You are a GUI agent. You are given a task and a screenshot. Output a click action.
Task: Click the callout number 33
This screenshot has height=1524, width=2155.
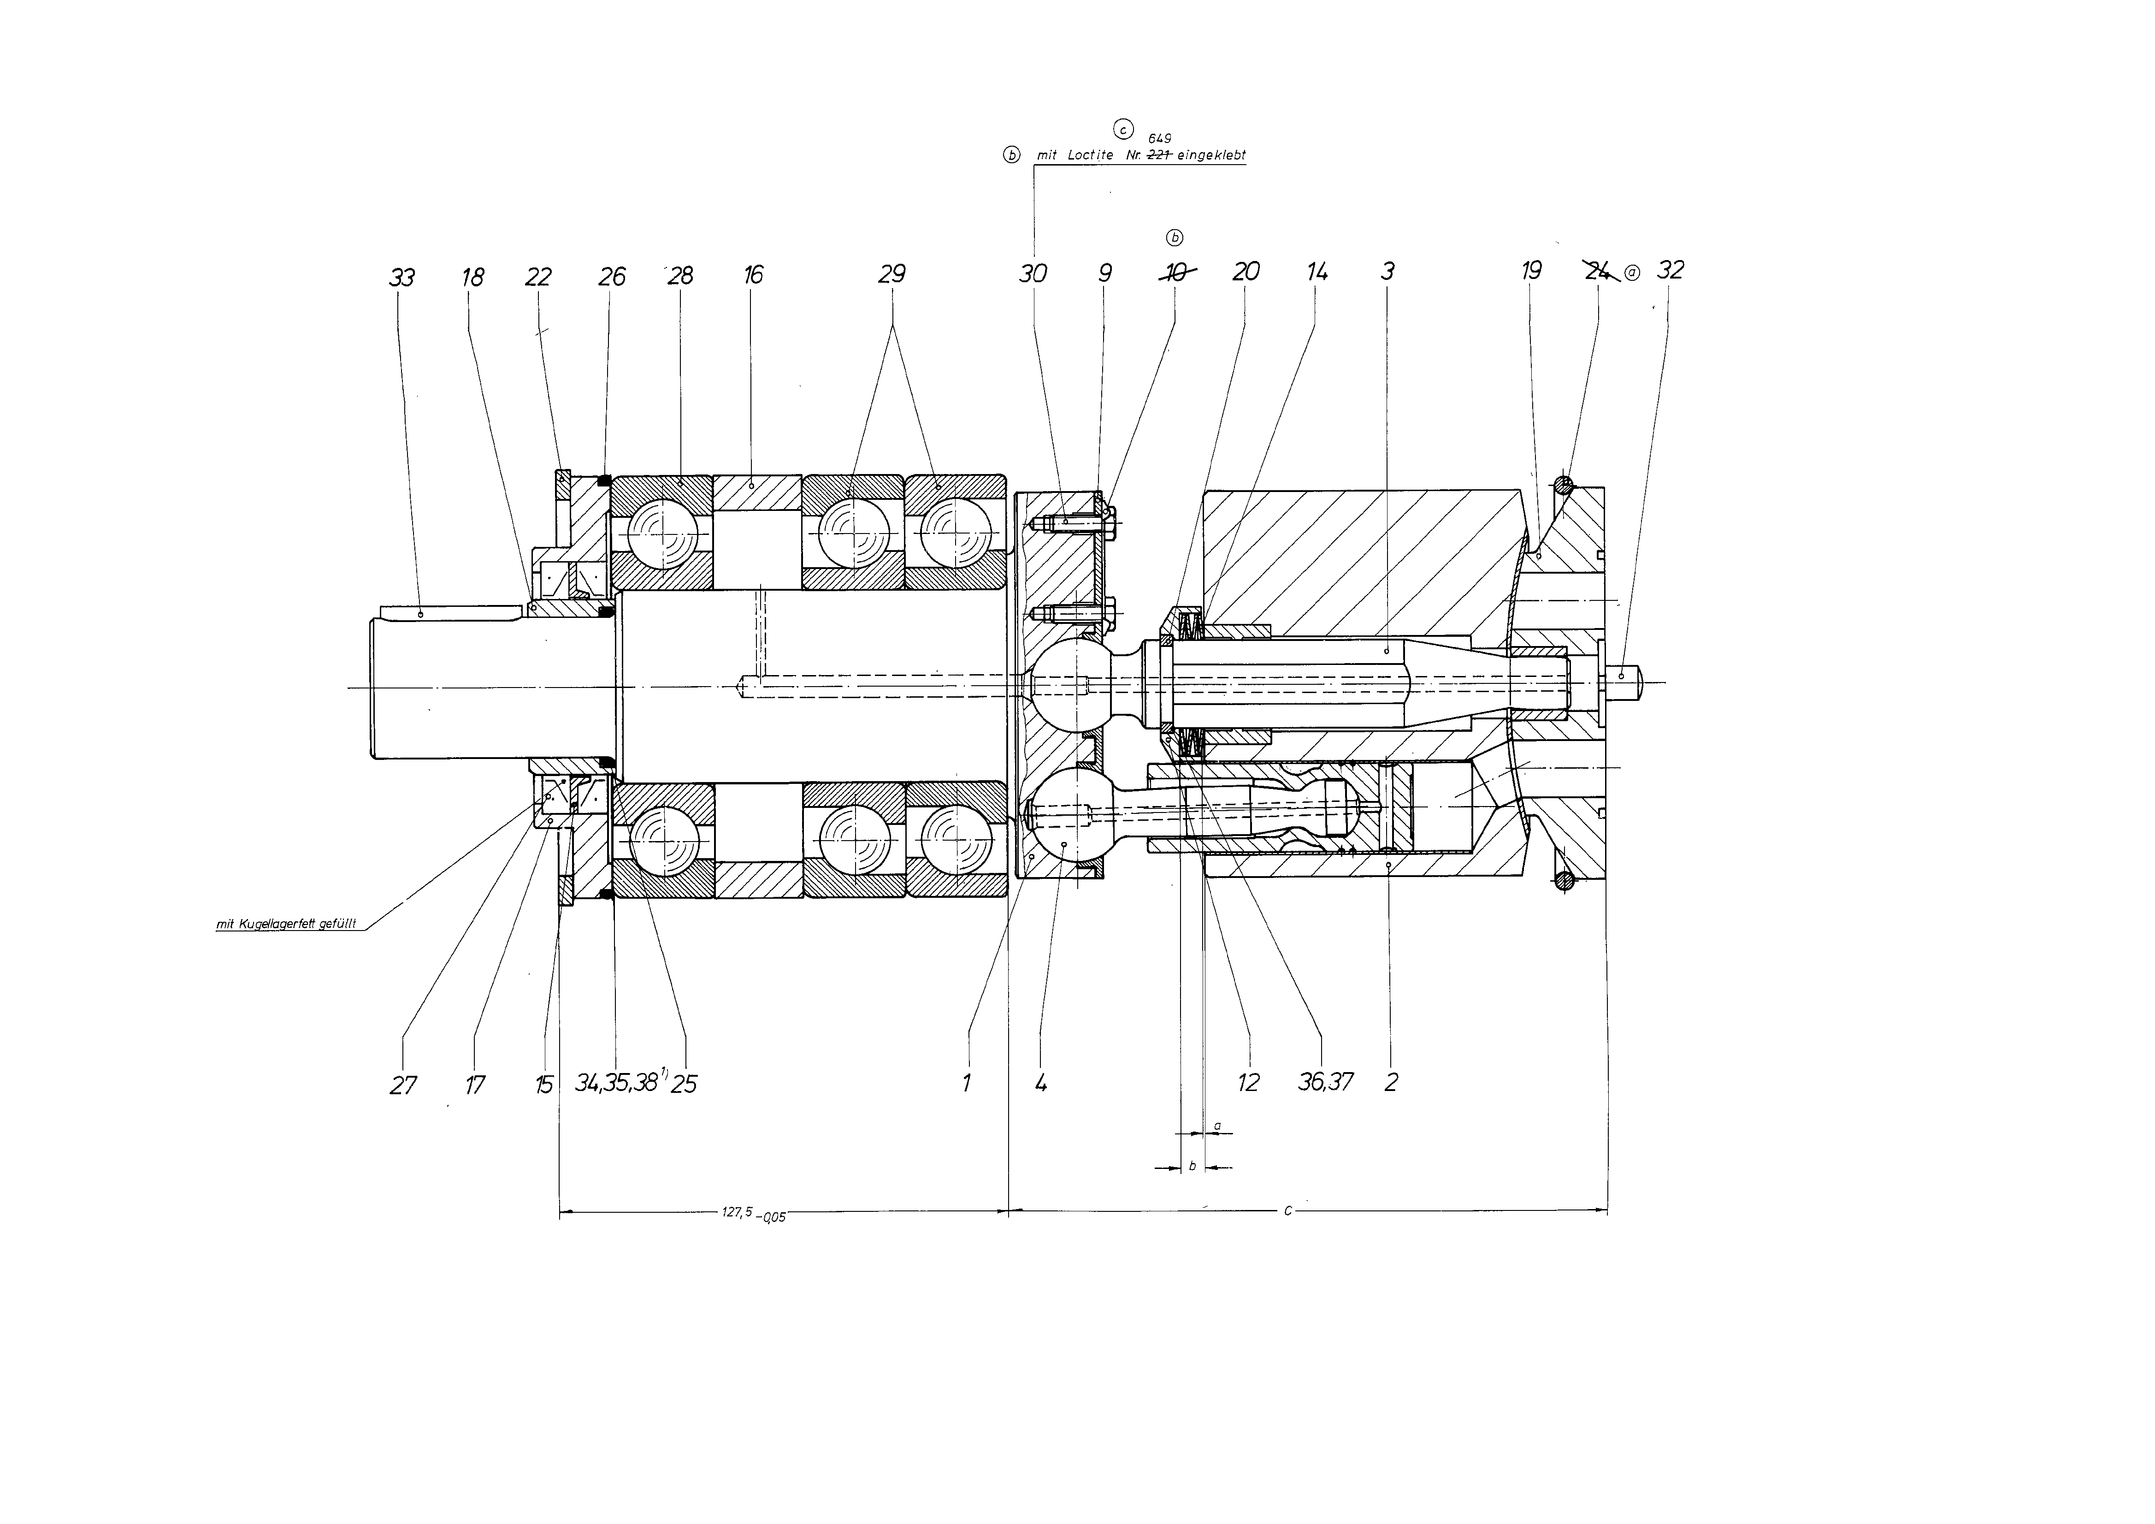[x=401, y=278]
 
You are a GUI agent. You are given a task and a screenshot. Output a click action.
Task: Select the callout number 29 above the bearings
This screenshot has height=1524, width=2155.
[x=892, y=274]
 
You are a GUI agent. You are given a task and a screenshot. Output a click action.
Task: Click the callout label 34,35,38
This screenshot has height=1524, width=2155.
[x=617, y=1083]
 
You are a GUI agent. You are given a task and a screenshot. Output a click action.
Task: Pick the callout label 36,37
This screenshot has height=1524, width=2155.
[x=1325, y=1082]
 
